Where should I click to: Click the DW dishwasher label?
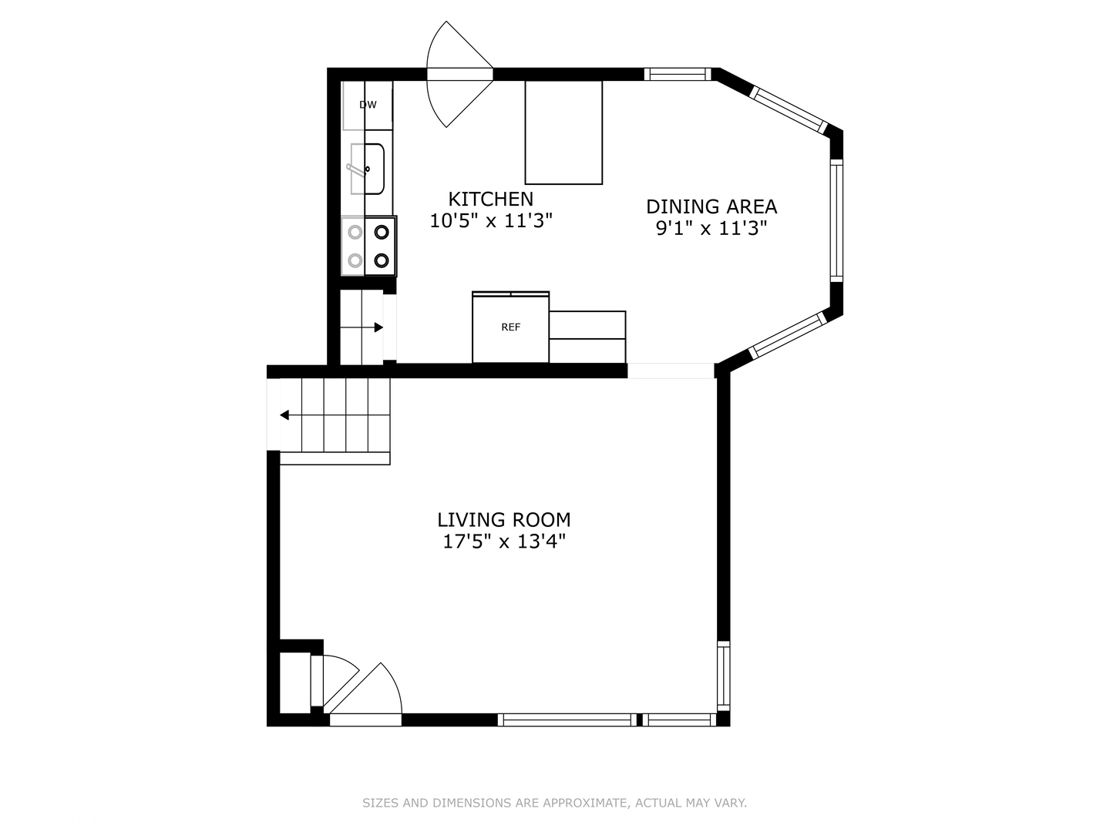368,105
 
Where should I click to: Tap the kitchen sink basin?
368,169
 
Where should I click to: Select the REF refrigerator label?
510,327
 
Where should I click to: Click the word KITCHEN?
490,200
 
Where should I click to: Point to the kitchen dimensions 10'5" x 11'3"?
490,221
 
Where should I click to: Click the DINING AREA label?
711,206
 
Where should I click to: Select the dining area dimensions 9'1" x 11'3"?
711,229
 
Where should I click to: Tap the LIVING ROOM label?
503,520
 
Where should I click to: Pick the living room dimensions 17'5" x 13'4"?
503,542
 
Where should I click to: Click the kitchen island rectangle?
563,133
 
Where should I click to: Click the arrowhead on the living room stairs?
284,415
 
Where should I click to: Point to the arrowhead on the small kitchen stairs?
378,327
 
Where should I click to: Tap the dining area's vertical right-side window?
836,221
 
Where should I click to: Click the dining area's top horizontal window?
678,74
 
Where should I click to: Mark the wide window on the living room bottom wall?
567,720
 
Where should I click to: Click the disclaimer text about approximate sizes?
554,803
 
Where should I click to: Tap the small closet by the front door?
294,683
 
